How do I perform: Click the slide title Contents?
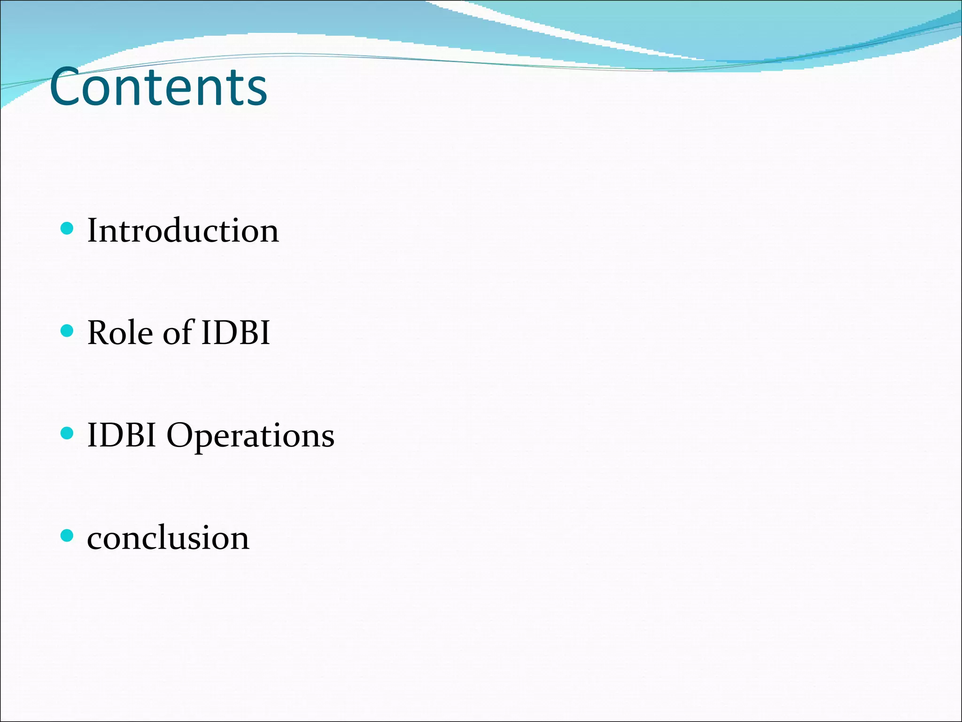tap(158, 86)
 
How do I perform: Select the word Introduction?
tap(183, 231)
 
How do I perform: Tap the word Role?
tap(120, 333)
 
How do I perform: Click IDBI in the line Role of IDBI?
tap(236, 333)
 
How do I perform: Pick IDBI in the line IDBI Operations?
tap(122, 435)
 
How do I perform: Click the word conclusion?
tap(168, 538)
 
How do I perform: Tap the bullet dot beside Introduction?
tap(68, 229)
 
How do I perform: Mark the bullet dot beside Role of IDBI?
tap(68, 331)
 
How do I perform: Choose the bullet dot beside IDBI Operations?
tap(68, 433)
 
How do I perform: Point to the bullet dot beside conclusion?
tap(68, 535)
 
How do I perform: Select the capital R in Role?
tap(100, 333)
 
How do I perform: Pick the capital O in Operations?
tap(180, 435)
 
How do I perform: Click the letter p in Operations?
tap(204, 439)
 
